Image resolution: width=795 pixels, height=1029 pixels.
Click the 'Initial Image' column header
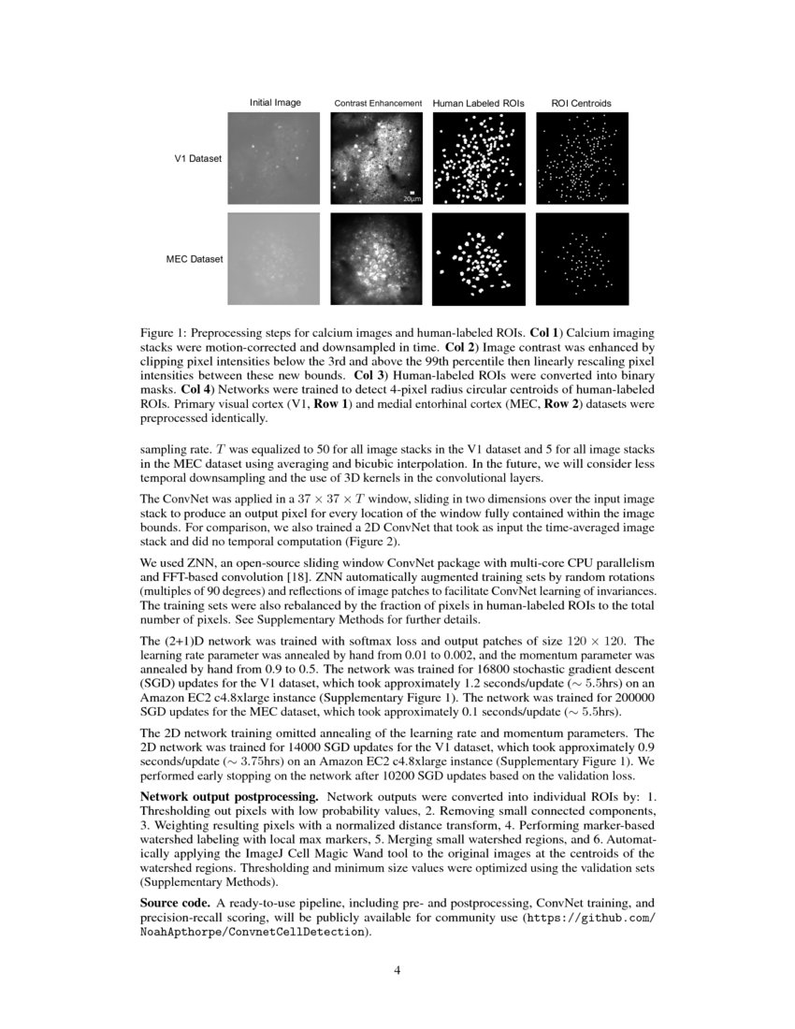(x=275, y=102)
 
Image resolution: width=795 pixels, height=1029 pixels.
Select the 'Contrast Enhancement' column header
(x=379, y=103)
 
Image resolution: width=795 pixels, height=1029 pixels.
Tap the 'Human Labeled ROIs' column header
(x=479, y=102)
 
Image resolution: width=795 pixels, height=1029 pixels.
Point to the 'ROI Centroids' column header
(x=581, y=102)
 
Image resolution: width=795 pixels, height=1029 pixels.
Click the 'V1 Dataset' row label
(x=198, y=159)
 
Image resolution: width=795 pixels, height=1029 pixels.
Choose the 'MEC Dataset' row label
(x=194, y=258)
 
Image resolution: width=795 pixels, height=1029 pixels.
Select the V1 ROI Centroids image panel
(x=582, y=158)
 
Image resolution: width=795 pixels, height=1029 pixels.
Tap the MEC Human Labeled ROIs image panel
(x=479, y=258)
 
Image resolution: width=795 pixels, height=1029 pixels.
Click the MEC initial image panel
(x=274, y=258)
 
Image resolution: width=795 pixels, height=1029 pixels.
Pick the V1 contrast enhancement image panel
(x=377, y=158)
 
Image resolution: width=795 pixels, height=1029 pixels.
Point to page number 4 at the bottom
(x=397, y=970)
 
